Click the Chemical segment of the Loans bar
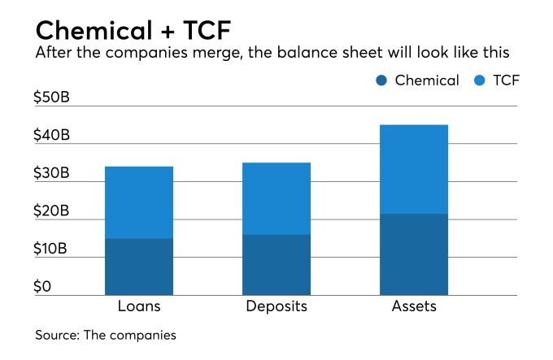[x=139, y=267]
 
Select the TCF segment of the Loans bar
[x=139, y=202]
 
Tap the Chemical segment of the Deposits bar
[x=276, y=265]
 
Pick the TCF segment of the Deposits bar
[x=276, y=198]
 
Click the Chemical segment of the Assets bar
[x=414, y=254]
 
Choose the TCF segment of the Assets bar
[x=414, y=169]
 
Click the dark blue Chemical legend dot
[x=382, y=80]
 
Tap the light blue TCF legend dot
[x=481, y=80]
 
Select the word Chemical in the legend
[x=427, y=80]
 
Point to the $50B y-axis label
[x=51, y=98]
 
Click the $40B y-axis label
[x=51, y=136]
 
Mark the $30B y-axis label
[x=51, y=174]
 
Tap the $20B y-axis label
[x=51, y=211]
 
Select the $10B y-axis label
[x=51, y=249]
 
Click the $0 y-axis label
[x=42, y=286]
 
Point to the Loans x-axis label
[x=139, y=307]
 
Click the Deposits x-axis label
[x=276, y=307]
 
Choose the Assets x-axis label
[x=414, y=307]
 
